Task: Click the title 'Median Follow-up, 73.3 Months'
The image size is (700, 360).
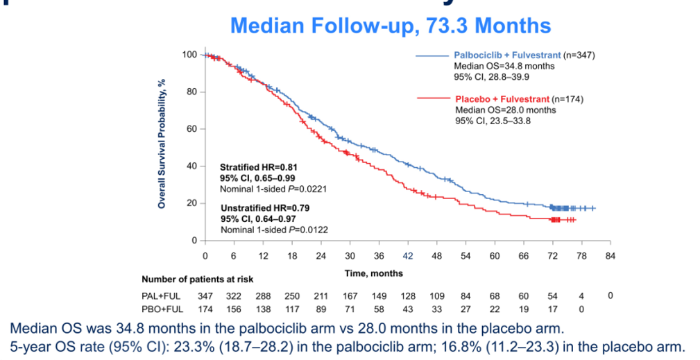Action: pyautogui.click(x=391, y=26)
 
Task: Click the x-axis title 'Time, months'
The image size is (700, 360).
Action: pyautogui.click(x=373, y=273)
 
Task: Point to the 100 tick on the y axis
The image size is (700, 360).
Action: pyautogui.click(x=189, y=55)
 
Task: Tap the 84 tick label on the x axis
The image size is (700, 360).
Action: pyautogui.click(x=611, y=255)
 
